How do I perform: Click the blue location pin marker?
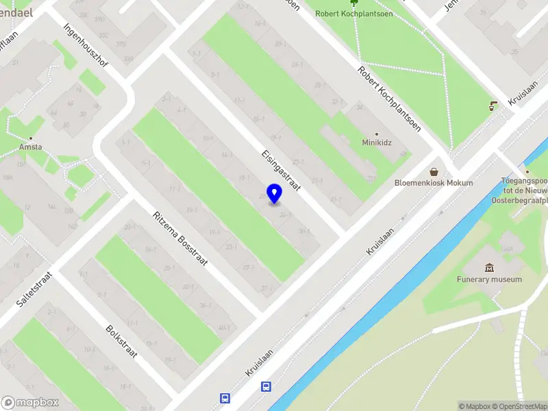point(275,193)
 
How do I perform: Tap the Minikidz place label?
point(376,143)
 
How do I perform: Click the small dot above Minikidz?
point(376,134)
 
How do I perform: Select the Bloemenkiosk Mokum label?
point(434,183)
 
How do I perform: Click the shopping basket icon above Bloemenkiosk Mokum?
point(434,172)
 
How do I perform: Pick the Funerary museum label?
point(489,279)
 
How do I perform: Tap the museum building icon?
point(489,267)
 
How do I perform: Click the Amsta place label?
point(31,147)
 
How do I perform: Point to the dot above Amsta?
point(31,137)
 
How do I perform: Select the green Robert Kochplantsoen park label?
point(354,13)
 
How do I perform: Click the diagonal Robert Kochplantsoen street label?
point(389,99)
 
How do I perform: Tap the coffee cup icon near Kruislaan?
point(493,106)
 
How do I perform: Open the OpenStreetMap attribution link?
point(518,406)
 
